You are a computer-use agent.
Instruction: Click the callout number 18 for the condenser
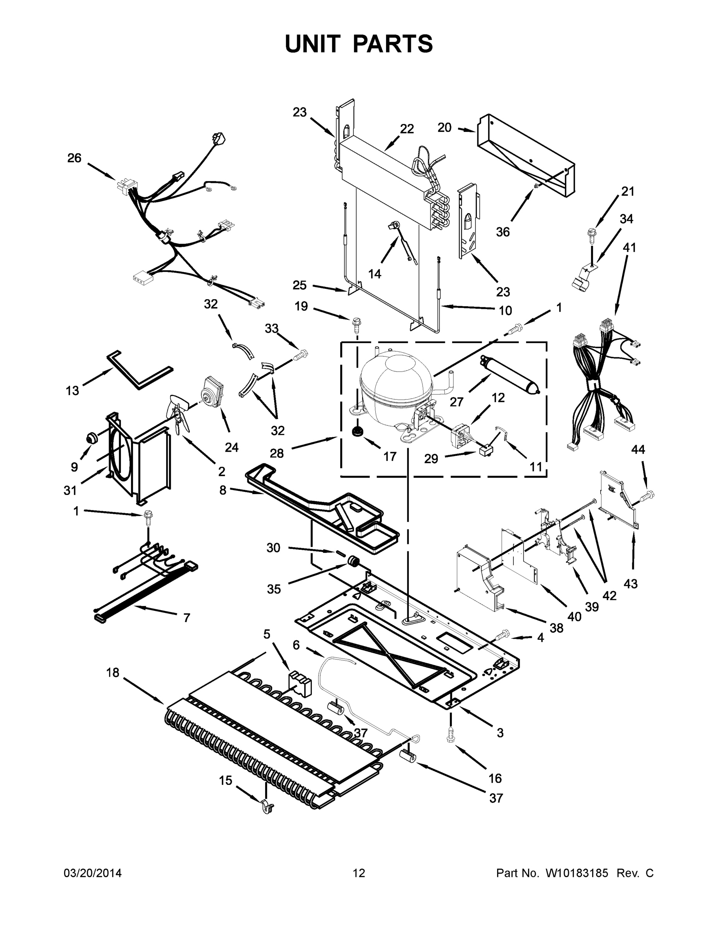tap(112, 673)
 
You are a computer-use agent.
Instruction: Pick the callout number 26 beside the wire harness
tap(74, 158)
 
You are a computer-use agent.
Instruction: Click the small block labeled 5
tap(300, 682)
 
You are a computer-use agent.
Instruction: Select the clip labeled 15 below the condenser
tap(267, 805)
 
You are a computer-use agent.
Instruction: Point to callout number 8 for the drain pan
tap(223, 490)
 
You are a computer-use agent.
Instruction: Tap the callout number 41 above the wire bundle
tap(629, 247)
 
